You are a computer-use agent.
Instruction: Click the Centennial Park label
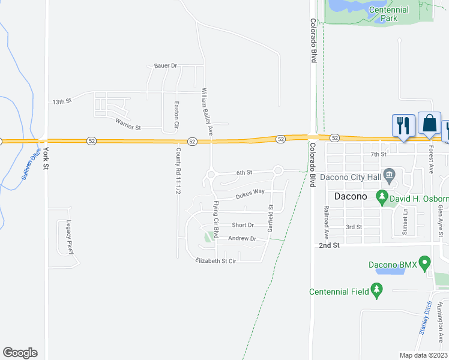coord(389,14)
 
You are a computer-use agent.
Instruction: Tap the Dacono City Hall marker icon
coord(390,177)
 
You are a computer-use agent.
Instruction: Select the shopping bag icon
coord(429,124)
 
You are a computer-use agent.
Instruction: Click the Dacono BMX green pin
coord(425,263)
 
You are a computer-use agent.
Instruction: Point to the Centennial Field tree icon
coord(376,292)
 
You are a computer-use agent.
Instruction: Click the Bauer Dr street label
coord(166,65)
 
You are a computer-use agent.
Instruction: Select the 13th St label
coord(61,101)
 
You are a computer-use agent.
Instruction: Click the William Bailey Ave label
coord(206,112)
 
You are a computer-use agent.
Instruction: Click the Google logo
coord(20,353)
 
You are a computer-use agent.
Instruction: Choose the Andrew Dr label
coord(242,239)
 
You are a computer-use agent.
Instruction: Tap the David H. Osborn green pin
coord(381,196)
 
